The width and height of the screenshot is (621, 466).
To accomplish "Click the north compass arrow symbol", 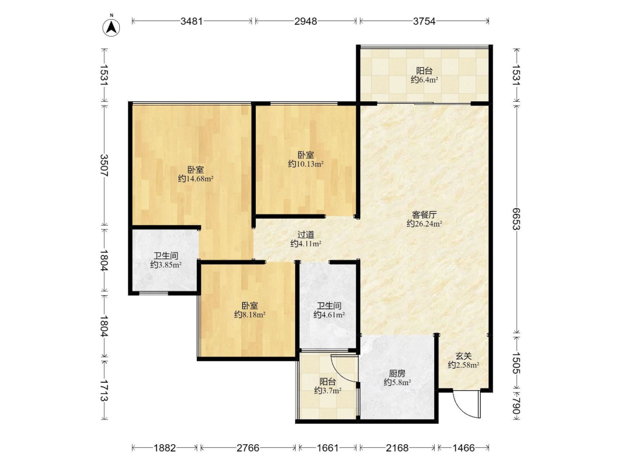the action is [112, 27].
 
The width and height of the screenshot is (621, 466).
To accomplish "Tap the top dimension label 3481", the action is [192, 21].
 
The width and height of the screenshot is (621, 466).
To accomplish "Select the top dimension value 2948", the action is [306, 21].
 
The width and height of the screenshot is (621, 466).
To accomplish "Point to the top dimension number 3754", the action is [424, 21].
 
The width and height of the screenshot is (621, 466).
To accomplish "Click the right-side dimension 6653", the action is [515, 219].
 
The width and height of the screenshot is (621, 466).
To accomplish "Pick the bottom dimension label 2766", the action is [248, 448].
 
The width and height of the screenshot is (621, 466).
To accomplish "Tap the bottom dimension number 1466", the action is [463, 448].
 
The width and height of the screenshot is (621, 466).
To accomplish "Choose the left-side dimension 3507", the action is [104, 166].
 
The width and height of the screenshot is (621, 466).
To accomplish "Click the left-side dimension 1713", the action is [104, 390].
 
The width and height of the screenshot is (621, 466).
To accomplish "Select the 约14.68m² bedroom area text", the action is [196, 179].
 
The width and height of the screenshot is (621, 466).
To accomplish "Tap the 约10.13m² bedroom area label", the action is [306, 163].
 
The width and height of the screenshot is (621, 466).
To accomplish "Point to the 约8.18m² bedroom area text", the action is [250, 314].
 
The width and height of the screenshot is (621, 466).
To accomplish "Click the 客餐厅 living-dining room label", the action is [424, 215].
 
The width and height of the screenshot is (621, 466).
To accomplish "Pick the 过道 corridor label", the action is [306, 235].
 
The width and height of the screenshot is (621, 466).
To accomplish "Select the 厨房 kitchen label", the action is [397, 373].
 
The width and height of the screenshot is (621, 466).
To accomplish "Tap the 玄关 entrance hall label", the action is [463, 356].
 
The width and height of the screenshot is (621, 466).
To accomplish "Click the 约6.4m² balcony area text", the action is [424, 80].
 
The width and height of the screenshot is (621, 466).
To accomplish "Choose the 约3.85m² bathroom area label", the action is [166, 265].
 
